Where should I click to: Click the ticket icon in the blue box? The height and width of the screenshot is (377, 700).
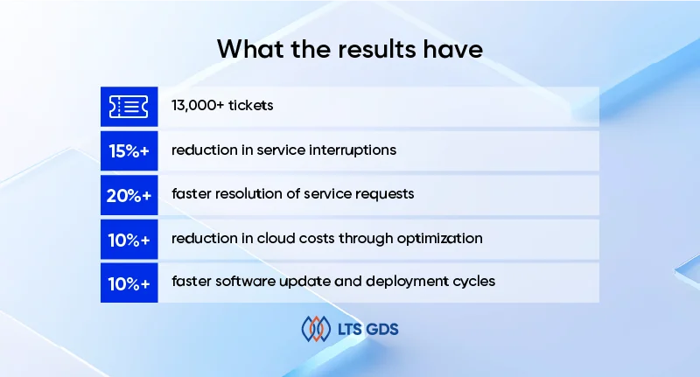tap(129, 107)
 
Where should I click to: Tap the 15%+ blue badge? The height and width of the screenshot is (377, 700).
tap(129, 150)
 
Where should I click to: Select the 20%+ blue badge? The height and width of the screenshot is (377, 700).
tap(129, 194)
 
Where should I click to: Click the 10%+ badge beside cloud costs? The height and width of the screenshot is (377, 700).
tap(129, 238)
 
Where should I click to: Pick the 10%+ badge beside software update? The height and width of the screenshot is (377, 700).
tap(129, 282)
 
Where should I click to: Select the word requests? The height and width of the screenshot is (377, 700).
tap(384, 194)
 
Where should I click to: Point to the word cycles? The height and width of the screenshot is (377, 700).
tap(473, 282)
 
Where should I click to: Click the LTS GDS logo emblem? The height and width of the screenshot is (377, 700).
tap(315, 330)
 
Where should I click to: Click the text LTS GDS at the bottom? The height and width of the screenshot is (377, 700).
tap(368, 330)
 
